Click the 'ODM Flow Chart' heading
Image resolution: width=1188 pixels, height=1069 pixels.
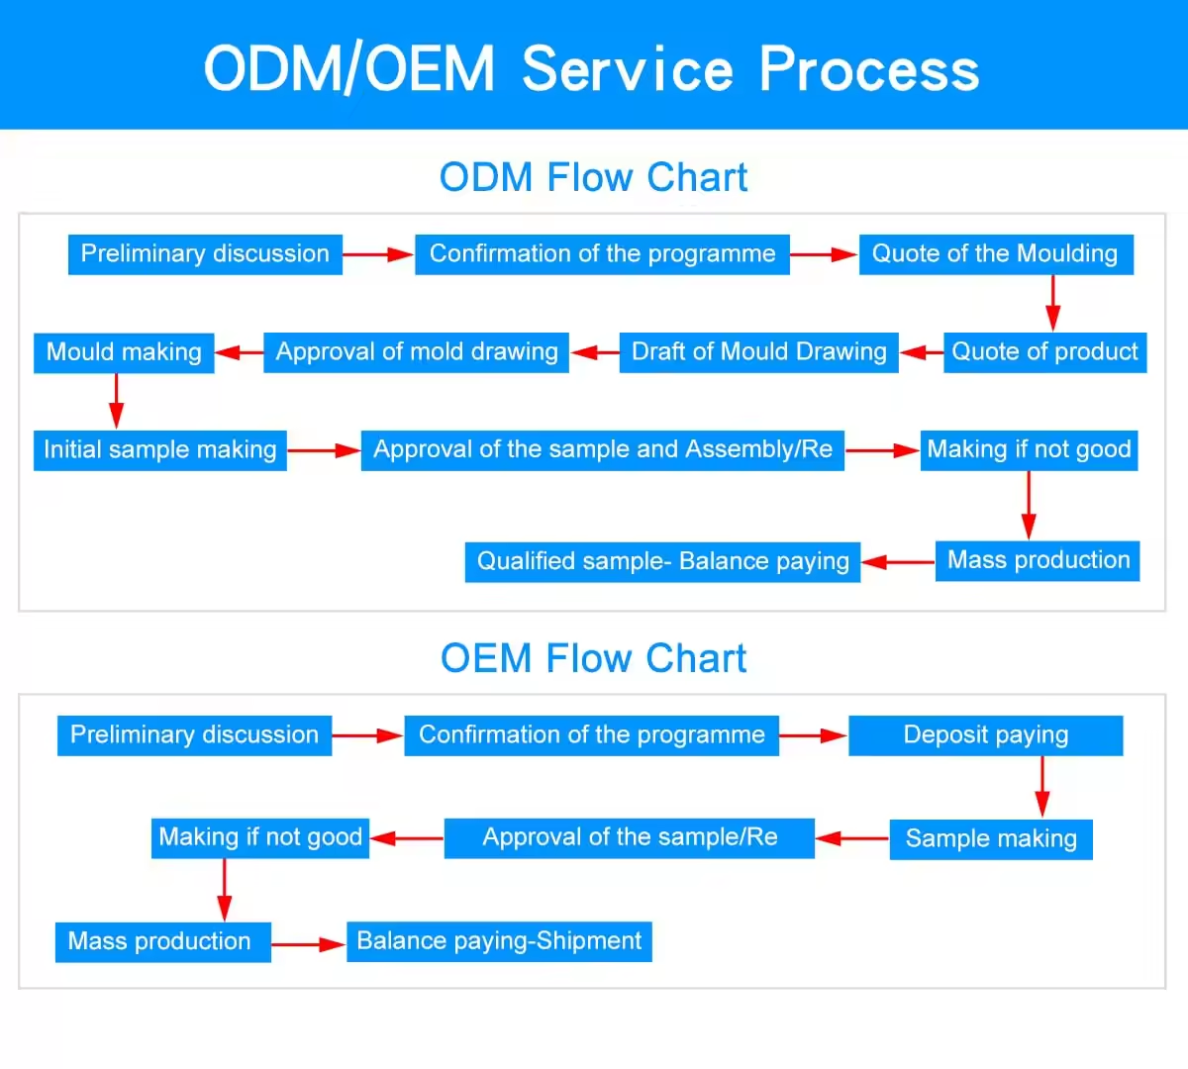coord(593,178)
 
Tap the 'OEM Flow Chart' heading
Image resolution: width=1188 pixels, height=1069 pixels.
coord(593,658)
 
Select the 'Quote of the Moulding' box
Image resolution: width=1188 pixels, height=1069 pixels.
coord(995,254)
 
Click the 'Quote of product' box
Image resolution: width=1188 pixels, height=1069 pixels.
coord(1044,352)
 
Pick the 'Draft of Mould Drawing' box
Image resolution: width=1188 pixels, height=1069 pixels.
coord(758,352)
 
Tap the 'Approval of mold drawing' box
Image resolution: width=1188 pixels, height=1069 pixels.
coord(416,352)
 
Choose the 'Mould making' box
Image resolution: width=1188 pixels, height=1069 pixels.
coord(124,352)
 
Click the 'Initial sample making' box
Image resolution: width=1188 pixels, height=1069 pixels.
coord(159,450)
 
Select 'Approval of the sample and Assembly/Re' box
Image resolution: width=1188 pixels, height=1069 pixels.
coord(602,450)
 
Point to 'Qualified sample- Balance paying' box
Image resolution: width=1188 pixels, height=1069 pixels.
coord(662,562)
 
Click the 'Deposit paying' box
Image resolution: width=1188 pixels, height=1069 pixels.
coord(985,735)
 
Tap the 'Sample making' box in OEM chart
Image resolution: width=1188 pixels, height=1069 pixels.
coord(991,839)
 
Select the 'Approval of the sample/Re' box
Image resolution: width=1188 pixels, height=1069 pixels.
coord(630,838)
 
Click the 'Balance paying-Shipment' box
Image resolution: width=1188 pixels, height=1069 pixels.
coord(499,941)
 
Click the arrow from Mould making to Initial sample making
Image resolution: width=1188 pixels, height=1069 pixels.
coord(117,401)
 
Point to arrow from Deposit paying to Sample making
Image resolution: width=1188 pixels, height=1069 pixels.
coord(1041,787)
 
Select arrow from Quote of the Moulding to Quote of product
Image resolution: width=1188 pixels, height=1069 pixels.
coord(1052,303)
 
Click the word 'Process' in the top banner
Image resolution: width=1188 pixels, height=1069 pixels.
coord(869,69)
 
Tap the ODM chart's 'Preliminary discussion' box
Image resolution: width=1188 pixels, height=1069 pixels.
coord(205,254)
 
